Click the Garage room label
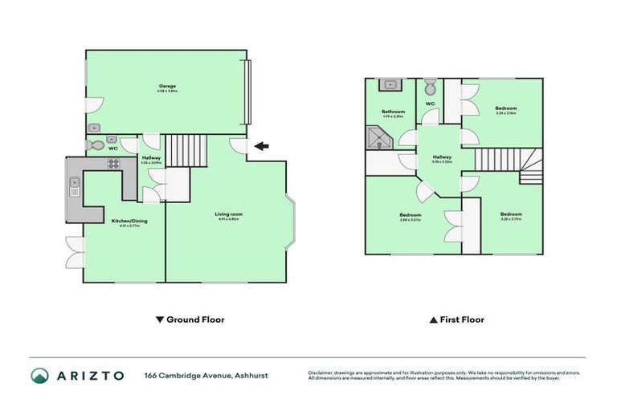coord(167,87)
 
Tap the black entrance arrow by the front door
coord(262,145)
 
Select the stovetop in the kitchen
coord(113,165)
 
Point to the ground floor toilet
coord(99,146)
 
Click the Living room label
coord(228,215)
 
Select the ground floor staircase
coord(186,149)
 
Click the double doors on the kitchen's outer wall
coord(75,252)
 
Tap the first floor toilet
coord(430,86)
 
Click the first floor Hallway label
coord(443,158)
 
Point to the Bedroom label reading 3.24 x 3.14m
coord(505,109)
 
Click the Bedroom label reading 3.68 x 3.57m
coord(411,215)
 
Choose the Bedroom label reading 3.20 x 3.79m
coord(511,215)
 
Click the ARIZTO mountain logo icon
coord(39,376)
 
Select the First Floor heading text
coord(461,319)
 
